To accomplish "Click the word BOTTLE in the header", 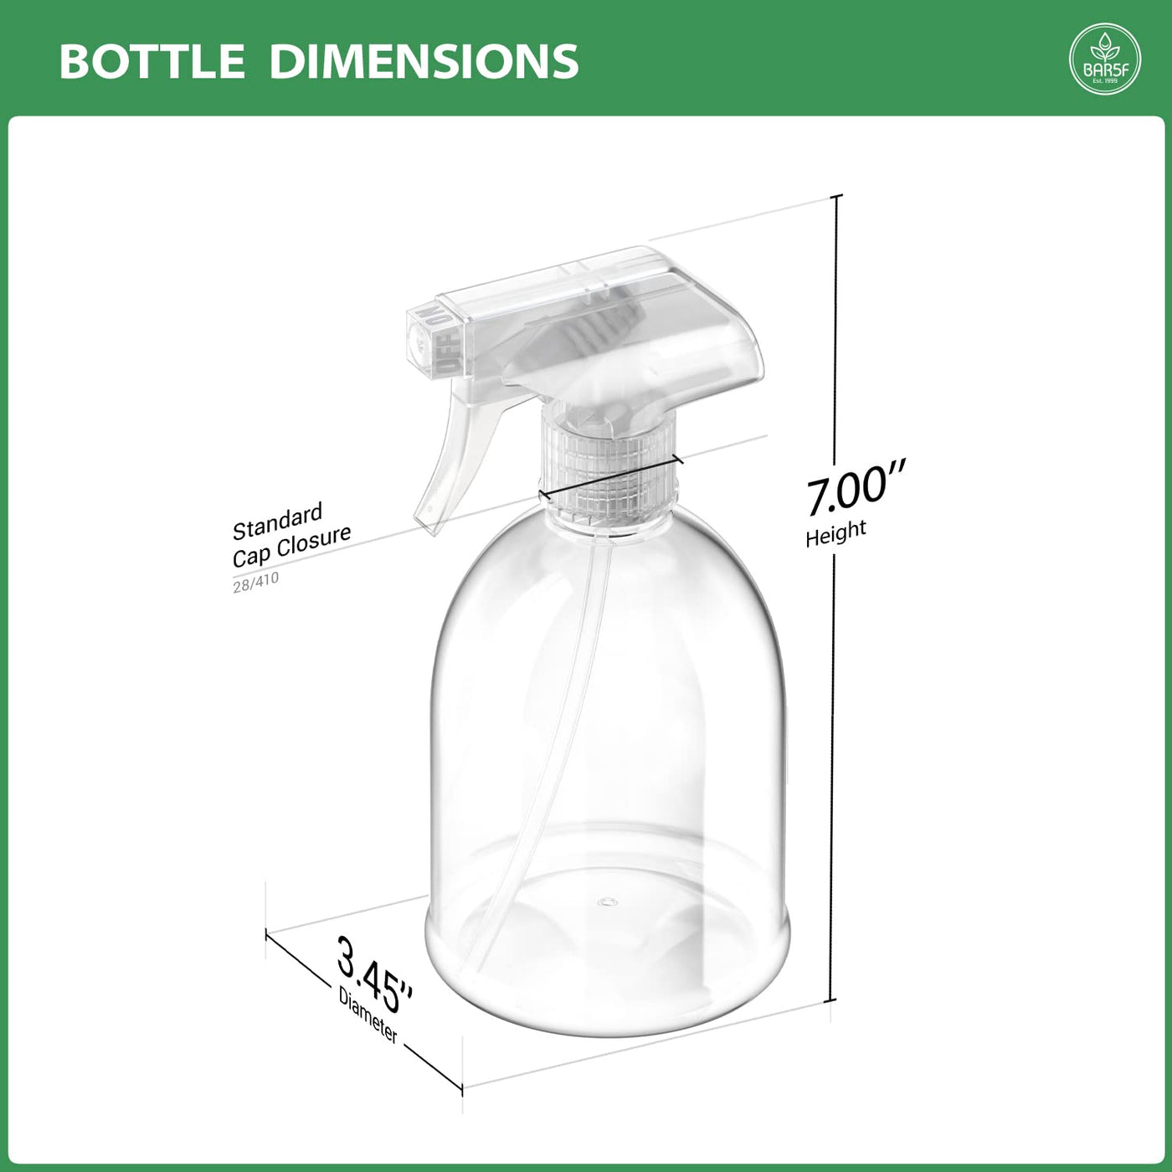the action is click(152, 61).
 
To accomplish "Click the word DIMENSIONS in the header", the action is click(424, 61).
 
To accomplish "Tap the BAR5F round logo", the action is click(1104, 59).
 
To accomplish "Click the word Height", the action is click(835, 532).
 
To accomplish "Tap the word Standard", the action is click(277, 522).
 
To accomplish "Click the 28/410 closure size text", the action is click(255, 582).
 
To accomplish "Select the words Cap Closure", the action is click(292, 546).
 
